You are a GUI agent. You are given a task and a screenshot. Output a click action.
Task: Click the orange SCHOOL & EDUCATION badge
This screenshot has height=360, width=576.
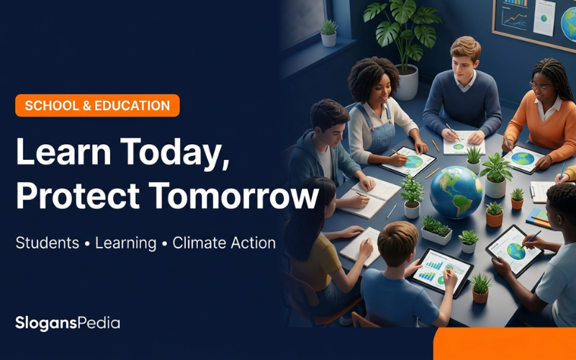coord(97,105)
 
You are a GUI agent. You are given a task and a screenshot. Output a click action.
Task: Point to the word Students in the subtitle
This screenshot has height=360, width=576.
coord(48,243)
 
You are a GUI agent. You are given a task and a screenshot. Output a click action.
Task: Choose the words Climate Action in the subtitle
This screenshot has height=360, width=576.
coord(224,243)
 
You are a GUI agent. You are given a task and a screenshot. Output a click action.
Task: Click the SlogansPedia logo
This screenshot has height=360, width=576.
coord(68,323)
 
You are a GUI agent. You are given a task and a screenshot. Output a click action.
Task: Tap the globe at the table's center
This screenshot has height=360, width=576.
coord(456,192)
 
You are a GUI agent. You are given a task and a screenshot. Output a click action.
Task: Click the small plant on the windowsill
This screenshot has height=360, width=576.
coord(328,33)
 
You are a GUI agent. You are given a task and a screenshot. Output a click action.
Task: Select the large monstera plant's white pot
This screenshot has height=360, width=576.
coord(406,82)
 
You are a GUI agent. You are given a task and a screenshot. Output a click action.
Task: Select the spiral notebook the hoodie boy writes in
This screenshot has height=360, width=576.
coord(369,197)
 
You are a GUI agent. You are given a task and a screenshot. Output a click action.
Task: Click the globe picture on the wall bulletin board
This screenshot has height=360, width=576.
coord(569,24)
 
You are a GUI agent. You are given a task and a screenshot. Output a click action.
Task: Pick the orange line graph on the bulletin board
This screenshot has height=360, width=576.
coord(515,19)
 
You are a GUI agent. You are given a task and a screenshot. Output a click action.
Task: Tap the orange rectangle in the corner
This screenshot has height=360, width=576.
coord(505,344)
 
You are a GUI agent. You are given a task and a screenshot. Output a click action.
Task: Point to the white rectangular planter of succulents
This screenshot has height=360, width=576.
coord(437,235)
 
